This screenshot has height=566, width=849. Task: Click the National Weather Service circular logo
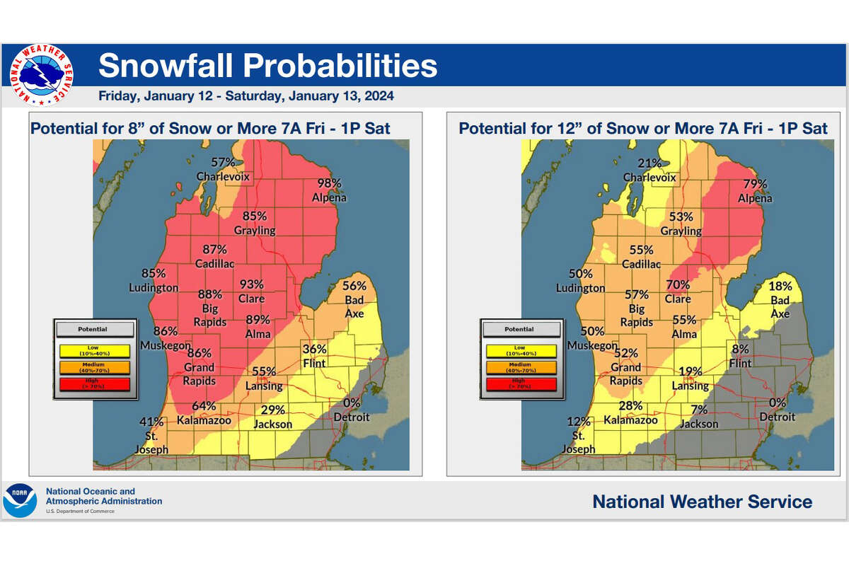[42, 75]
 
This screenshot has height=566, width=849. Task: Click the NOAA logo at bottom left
[21, 499]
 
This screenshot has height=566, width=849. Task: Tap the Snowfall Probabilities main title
[267, 66]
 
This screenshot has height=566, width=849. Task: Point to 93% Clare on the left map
[252, 291]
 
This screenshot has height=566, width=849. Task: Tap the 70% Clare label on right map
[677, 291]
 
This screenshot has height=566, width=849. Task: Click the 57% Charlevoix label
[223, 169]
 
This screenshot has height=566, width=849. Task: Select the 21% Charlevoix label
[649, 171]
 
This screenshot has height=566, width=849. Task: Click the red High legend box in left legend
[94, 383]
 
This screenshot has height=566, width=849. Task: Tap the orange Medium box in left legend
[94, 366]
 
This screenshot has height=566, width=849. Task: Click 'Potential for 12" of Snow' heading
[642, 128]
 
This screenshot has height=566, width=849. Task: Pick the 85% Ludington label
[154, 280]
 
